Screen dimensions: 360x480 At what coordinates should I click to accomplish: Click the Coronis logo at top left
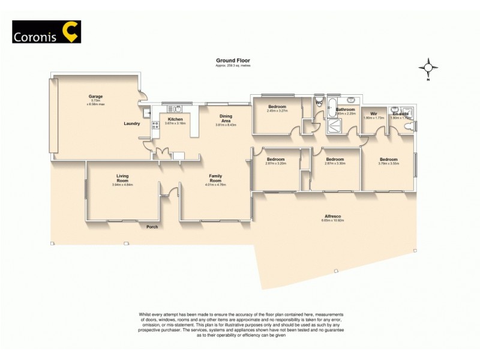pyautogui.click(x=47, y=32)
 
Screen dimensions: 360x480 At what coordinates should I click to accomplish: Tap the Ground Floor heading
pyautogui.click(x=233, y=61)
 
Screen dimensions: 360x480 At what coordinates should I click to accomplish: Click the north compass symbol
pyautogui.click(x=428, y=68)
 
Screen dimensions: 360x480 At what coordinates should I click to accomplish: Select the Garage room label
pyautogui.click(x=96, y=96)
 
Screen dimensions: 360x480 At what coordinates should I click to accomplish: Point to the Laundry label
pyautogui.click(x=132, y=124)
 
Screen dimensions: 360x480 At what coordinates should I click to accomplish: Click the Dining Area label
pyautogui.click(x=226, y=119)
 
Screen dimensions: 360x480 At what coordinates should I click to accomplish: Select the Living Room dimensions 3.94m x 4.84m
pyautogui.click(x=122, y=185)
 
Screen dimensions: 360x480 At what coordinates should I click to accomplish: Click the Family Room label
pyautogui.click(x=215, y=176)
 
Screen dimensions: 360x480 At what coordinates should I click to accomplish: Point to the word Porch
pyautogui.click(x=152, y=227)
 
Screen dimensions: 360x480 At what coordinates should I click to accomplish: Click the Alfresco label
pyautogui.click(x=333, y=215)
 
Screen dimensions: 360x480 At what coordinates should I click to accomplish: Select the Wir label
pyautogui.click(x=373, y=113)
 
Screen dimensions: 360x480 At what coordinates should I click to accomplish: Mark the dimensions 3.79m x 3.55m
pyautogui.click(x=388, y=163)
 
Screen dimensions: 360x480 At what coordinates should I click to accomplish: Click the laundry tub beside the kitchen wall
pyautogui.click(x=146, y=112)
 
